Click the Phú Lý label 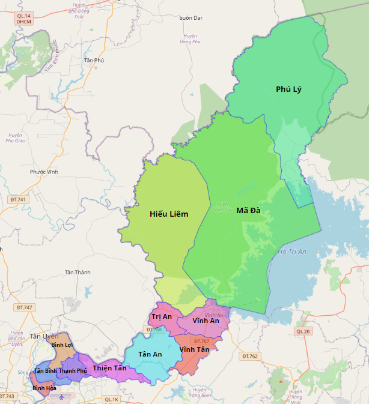click(x=288, y=89)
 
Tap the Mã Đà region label click(x=248, y=210)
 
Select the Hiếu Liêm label click(x=169, y=214)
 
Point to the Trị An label click(x=162, y=316)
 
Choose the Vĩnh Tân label click(x=194, y=349)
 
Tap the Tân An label click(x=150, y=354)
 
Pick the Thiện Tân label click(x=110, y=368)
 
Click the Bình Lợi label click(x=62, y=345)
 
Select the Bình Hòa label click(x=44, y=388)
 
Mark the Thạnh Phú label click(x=73, y=371)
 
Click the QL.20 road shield click(x=303, y=331)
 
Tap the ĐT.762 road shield click(x=249, y=357)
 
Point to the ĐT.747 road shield click(x=24, y=307)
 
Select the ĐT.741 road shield click(x=19, y=199)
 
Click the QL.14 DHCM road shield click(x=23, y=19)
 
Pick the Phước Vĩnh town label click(x=44, y=172)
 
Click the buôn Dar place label click(x=191, y=17)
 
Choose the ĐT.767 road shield click(x=201, y=341)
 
